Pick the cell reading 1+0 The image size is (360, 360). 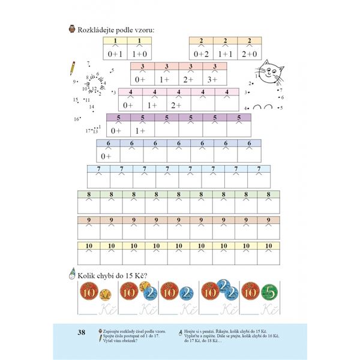(139, 53)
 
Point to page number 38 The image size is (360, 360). (83, 332)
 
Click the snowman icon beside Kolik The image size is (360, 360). (73, 274)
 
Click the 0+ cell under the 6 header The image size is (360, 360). (108, 156)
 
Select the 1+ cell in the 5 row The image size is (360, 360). (142, 130)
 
